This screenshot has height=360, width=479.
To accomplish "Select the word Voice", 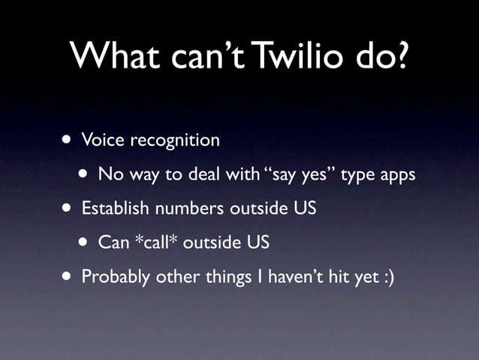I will (103, 140).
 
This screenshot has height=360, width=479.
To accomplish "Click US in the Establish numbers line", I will (303, 208).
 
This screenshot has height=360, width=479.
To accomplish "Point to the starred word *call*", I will (155, 243).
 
